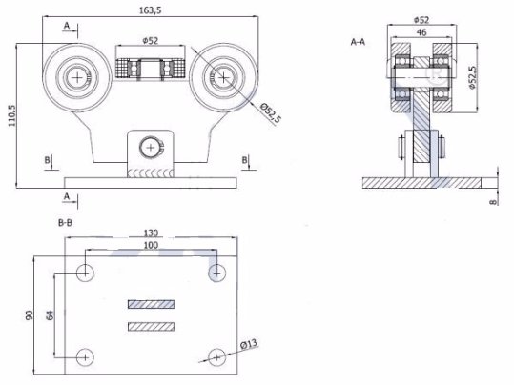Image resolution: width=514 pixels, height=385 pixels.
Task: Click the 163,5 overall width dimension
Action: (151, 10)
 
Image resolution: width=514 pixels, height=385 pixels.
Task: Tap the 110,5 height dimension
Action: (11, 115)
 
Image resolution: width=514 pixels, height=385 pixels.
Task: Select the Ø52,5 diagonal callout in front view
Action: (271, 113)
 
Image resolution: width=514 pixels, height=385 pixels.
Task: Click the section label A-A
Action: (358, 42)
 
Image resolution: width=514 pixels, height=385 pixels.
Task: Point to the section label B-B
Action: (65, 223)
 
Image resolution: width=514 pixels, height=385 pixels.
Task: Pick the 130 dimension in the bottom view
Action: (151, 233)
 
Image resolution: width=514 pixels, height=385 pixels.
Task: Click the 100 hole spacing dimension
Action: (151, 245)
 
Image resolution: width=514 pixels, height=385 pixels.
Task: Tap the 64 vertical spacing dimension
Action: (50, 315)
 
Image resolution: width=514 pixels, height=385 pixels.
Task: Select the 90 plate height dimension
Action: (30, 315)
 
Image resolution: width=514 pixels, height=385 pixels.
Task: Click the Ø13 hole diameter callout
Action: (249, 344)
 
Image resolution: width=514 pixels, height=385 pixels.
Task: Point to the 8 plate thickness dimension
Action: (493, 202)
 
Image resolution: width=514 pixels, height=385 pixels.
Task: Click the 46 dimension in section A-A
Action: (421, 32)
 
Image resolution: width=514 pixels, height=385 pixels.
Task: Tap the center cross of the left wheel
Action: (77, 77)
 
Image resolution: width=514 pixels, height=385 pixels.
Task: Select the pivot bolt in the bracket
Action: (151, 148)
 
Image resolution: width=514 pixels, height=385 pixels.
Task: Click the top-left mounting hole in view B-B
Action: (85, 273)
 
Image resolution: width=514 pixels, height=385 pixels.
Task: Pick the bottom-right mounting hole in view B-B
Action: (217, 357)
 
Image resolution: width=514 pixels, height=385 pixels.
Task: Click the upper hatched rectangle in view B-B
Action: (151, 304)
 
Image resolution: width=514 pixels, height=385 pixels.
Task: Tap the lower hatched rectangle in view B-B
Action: (151, 327)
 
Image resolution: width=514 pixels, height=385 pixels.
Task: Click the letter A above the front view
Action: (67, 26)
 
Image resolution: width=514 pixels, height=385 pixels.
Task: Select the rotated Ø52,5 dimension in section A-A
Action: (472, 77)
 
